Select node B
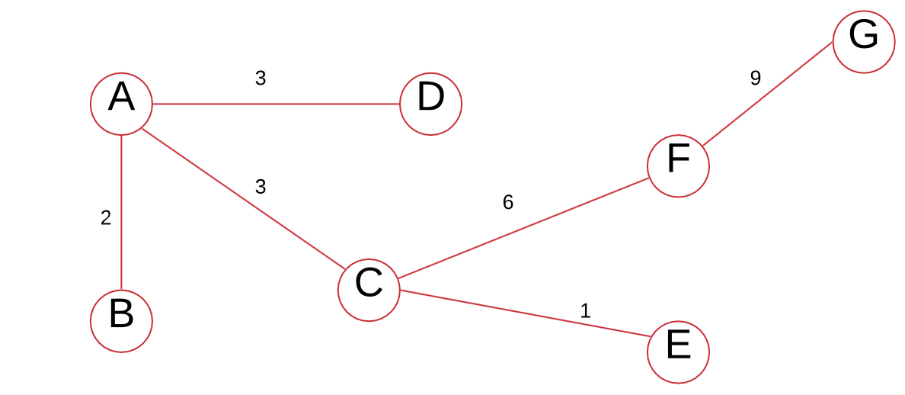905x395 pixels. tap(121, 321)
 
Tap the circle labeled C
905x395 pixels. tap(369, 291)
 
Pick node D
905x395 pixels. tap(430, 104)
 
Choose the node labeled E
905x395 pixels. tap(678, 352)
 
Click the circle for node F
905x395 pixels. tap(678, 165)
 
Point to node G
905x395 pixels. tap(863, 42)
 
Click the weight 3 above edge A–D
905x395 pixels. tap(261, 78)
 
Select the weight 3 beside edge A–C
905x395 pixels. tap(261, 187)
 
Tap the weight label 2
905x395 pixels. tap(106, 218)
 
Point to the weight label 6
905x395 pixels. tap(508, 202)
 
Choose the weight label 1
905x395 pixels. tap(585, 310)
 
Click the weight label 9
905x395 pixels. tap(755, 78)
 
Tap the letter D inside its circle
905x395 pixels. tap(430, 99)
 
